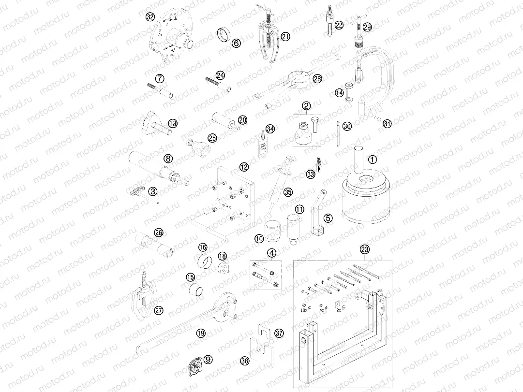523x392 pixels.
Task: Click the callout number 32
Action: click(x=150, y=17)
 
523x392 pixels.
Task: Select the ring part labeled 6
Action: click(x=224, y=35)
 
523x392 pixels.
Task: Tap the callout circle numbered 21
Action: click(x=285, y=37)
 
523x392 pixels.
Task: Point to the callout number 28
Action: click(x=317, y=78)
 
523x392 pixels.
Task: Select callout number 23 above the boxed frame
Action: click(x=364, y=249)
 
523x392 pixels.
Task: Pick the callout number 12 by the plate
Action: click(x=244, y=167)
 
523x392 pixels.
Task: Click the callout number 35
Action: click(x=288, y=192)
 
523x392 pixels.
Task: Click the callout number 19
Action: click(x=201, y=333)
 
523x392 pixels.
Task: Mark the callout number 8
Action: click(x=168, y=158)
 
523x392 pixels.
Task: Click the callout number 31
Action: click(x=387, y=124)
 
